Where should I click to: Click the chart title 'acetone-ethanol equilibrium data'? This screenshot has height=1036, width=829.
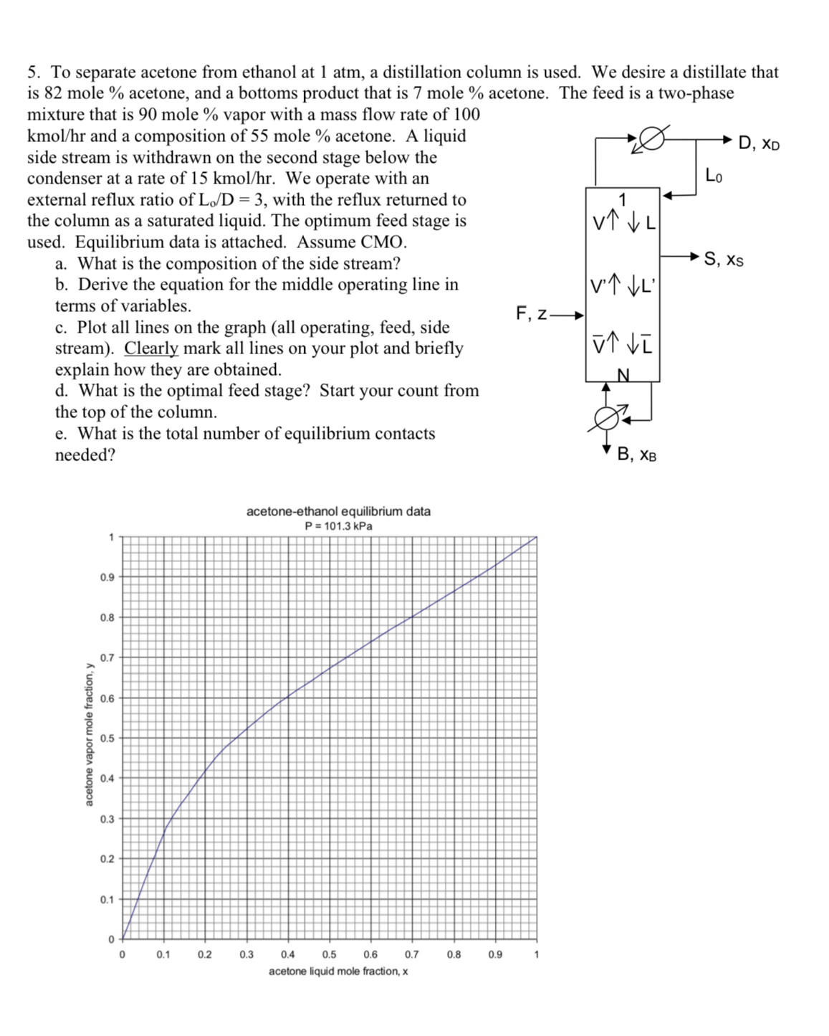(x=338, y=511)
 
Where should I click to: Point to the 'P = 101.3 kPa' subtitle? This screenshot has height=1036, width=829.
(x=338, y=526)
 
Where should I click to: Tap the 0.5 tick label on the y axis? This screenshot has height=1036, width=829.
(x=107, y=738)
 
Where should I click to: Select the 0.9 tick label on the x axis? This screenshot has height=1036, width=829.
(x=495, y=954)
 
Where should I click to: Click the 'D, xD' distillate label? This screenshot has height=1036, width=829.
(x=759, y=143)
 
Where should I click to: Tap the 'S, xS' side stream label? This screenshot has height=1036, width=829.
(x=724, y=259)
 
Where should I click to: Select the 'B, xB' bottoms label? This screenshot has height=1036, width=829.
(x=636, y=454)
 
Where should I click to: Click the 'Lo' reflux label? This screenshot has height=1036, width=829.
(x=714, y=175)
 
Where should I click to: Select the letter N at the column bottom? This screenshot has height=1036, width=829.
(x=623, y=374)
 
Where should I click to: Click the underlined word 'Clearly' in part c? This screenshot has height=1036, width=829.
(x=151, y=348)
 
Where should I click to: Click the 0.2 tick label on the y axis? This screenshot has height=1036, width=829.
(x=107, y=859)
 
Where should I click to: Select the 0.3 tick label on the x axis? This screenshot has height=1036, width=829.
(x=246, y=954)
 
